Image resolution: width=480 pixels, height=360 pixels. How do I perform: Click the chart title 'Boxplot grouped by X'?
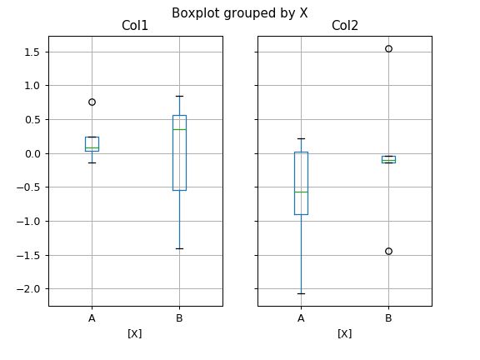click(x=240, y=12)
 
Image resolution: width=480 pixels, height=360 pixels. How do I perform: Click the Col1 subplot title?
click(x=135, y=27)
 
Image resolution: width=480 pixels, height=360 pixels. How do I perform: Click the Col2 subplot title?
click(x=344, y=27)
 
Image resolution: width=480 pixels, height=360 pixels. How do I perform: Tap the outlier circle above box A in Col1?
click(x=92, y=102)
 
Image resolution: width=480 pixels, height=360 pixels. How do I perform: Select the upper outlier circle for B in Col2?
click(x=388, y=48)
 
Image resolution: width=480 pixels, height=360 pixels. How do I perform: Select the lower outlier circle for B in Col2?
click(x=388, y=251)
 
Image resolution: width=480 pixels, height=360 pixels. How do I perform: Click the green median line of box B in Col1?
click(x=179, y=129)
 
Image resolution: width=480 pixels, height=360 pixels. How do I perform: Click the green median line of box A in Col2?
click(x=301, y=192)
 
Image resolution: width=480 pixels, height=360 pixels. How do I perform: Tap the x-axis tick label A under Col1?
click(x=92, y=318)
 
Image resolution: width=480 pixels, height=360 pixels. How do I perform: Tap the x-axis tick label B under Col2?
click(x=388, y=318)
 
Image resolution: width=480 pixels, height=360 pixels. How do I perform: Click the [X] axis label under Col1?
click(x=135, y=333)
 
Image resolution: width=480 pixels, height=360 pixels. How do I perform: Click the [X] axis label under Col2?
click(x=344, y=333)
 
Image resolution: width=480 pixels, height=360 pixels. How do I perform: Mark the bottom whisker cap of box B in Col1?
click(x=179, y=248)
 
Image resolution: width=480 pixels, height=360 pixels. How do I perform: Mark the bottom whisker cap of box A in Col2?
click(x=301, y=293)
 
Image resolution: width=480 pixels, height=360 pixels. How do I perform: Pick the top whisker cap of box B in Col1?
click(x=179, y=96)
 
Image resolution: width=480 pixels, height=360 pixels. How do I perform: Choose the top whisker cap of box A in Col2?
click(x=301, y=138)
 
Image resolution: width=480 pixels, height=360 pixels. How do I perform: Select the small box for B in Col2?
click(x=388, y=158)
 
